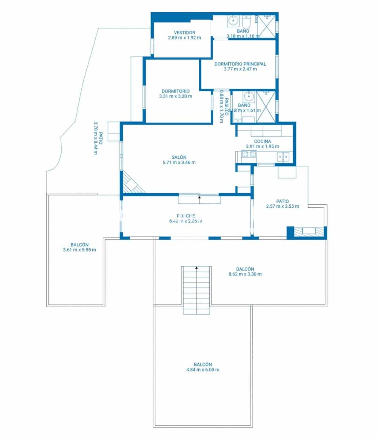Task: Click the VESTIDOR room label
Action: point(184,32)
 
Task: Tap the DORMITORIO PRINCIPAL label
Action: point(240,64)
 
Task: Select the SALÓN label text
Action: point(179,157)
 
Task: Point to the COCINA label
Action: point(262,141)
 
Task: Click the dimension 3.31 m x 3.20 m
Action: point(176,96)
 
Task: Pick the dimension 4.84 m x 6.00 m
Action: point(203,369)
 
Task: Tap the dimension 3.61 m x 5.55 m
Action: point(80,250)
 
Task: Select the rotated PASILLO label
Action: point(226,107)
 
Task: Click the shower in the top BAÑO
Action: point(266,27)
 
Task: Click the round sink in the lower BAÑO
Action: point(249,97)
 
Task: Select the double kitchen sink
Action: point(283,157)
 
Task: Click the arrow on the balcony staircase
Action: point(196,268)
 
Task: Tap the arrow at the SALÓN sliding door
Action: point(199,197)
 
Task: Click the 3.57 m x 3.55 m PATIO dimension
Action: point(282,206)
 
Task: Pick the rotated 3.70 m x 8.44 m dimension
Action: point(96,138)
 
